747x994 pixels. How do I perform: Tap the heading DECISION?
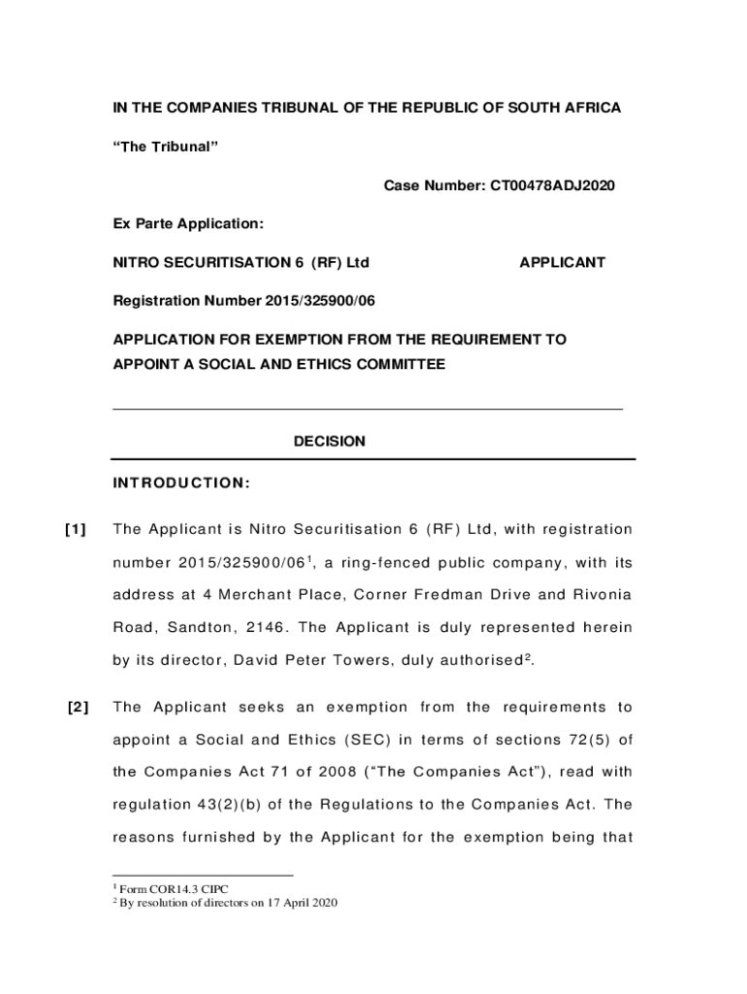coord(330,442)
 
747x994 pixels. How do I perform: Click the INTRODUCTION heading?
coord(182,483)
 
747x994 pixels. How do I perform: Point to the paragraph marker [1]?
coord(76,529)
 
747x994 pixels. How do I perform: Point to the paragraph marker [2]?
coord(79,707)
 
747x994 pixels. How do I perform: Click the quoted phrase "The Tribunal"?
coord(166,146)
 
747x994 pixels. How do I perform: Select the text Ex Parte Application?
coord(188,224)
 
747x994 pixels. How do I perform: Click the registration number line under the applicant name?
coord(244,301)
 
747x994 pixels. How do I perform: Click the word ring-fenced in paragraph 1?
coord(398,565)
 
